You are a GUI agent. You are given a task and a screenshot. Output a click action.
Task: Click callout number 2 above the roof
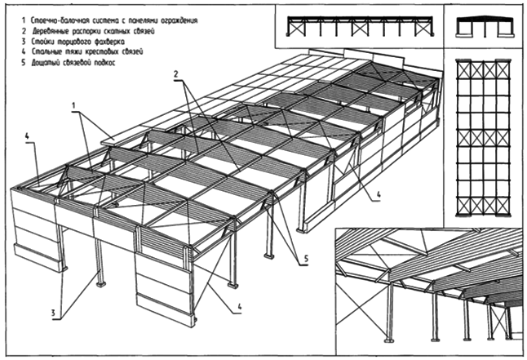point(175,74)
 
